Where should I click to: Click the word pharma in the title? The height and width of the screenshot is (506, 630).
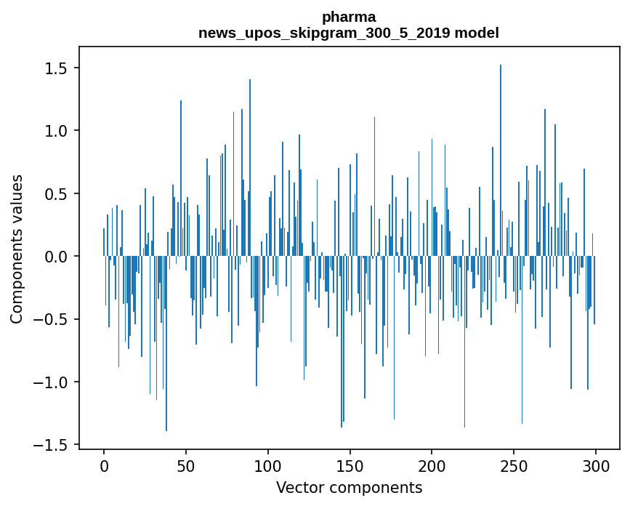(x=348, y=17)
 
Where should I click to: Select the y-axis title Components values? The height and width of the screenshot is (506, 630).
(x=17, y=249)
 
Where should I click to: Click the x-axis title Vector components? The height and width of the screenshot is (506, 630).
(x=349, y=487)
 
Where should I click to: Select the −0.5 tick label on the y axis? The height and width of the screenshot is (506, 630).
(x=53, y=319)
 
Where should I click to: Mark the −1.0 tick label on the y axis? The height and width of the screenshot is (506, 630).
(x=53, y=382)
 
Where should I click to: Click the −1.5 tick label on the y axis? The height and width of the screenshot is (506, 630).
(x=53, y=445)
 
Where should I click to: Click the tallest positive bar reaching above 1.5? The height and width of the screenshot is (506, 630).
(x=501, y=160)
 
